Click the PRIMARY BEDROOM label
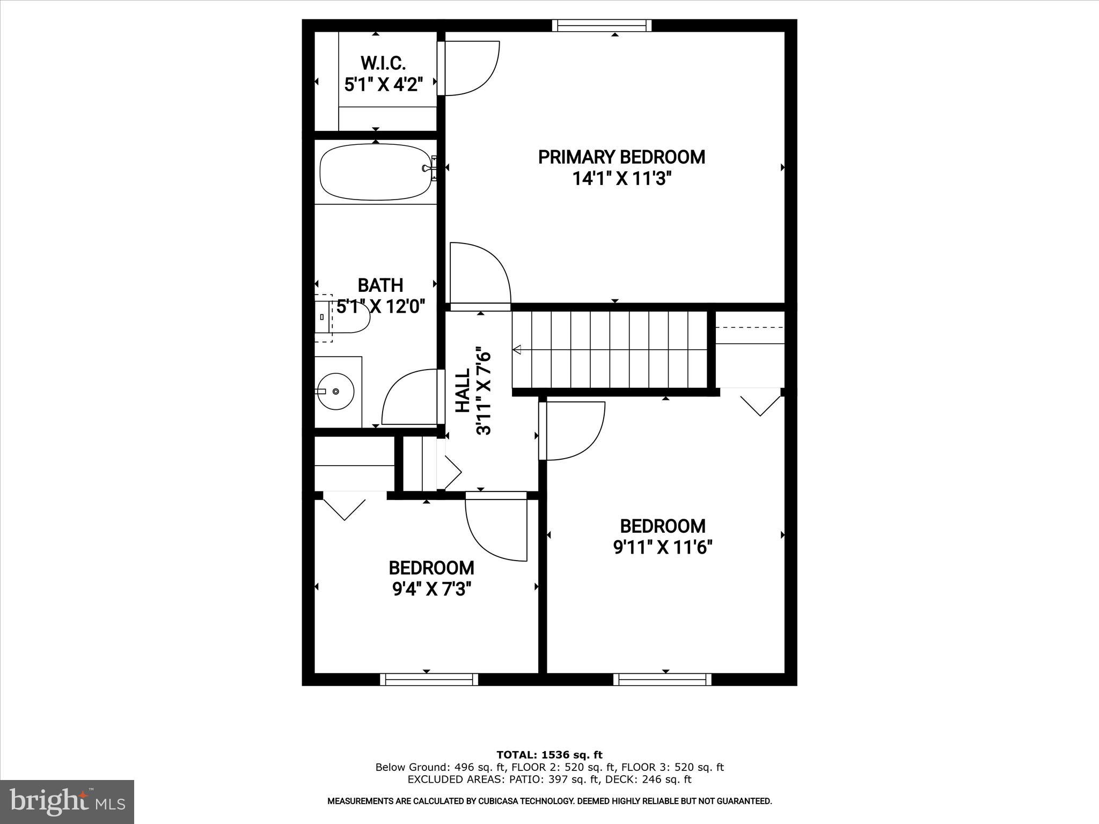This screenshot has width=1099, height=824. click(621, 157)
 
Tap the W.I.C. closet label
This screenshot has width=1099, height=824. click(383, 63)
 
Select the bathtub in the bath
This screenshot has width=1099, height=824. click(376, 172)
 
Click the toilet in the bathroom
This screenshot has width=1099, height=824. click(343, 318)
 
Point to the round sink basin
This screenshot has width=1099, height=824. click(335, 392)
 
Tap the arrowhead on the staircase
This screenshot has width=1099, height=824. click(517, 350)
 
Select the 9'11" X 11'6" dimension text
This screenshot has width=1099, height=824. click(663, 548)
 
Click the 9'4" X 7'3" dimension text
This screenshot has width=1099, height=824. click(431, 590)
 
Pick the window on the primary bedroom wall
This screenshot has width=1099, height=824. click(602, 25)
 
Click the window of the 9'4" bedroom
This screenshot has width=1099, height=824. click(429, 680)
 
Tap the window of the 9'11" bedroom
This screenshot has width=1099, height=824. click(662, 680)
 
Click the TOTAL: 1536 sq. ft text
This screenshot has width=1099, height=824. click(549, 755)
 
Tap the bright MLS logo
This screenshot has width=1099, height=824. click(67, 802)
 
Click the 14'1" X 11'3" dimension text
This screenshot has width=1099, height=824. click(621, 179)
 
